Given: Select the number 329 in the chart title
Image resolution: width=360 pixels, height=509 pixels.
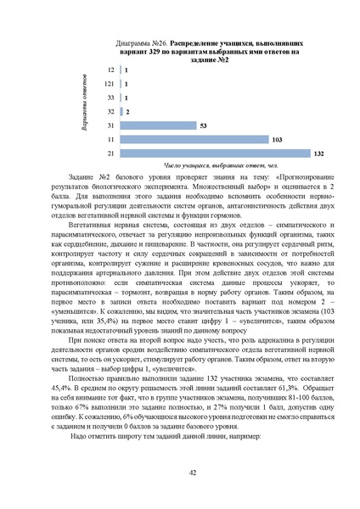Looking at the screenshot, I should [x=149, y=50].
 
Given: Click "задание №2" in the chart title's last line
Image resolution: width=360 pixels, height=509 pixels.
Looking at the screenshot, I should [x=209, y=59].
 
